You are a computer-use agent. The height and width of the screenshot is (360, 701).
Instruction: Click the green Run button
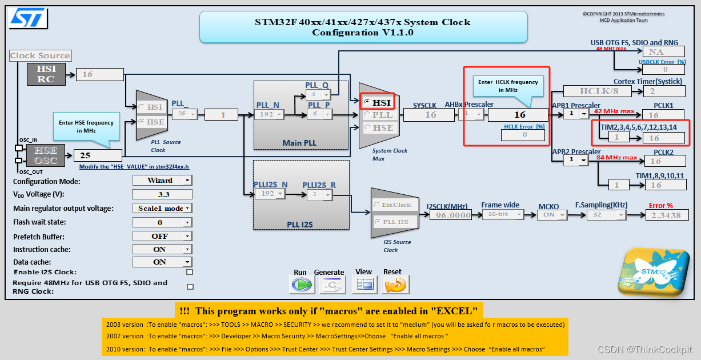(301, 285)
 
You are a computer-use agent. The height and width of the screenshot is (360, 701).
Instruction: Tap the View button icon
(364, 285)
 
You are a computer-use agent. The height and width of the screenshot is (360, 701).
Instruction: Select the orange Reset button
(395, 285)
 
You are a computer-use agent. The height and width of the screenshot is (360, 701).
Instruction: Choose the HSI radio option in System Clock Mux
(367, 102)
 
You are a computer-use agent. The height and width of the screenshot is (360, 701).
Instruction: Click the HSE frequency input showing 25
(98, 155)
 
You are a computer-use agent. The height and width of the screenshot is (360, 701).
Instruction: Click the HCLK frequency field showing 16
(519, 115)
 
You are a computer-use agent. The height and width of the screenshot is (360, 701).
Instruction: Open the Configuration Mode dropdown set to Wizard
(162, 180)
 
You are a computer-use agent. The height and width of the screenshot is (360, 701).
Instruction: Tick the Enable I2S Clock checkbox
(190, 273)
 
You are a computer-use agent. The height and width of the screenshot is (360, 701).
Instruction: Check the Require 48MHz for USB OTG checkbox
(190, 287)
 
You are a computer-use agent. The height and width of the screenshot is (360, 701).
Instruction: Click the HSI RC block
(46, 74)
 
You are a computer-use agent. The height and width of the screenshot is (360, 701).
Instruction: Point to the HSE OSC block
(46, 155)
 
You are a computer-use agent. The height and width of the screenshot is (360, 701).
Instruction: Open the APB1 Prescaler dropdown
(576, 114)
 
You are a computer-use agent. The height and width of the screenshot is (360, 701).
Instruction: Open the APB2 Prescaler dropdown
(576, 160)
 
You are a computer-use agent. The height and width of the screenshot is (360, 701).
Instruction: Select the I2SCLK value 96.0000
(451, 215)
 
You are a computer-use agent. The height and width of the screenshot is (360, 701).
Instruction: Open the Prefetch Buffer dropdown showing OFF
(162, 236)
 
